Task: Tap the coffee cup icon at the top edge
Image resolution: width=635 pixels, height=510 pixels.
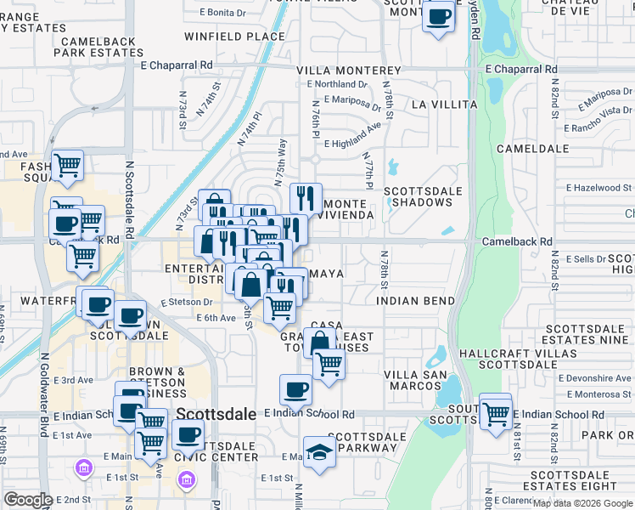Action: (x=438, y=16)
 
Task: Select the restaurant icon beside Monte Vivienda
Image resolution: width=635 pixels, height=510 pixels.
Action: (x=306, y=198)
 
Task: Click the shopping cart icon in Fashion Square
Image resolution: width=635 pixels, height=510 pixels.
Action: (x=67, y=165)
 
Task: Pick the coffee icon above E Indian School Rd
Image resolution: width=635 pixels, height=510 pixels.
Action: (x=295, y=389)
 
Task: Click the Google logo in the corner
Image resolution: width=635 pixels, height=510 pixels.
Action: (x=28, y=500)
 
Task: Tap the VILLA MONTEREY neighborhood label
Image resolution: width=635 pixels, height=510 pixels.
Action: (x=348, y=71)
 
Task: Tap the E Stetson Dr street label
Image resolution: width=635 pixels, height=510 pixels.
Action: (x=186, y=301)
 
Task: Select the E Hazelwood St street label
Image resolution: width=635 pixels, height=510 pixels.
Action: (x=598, y=187)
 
